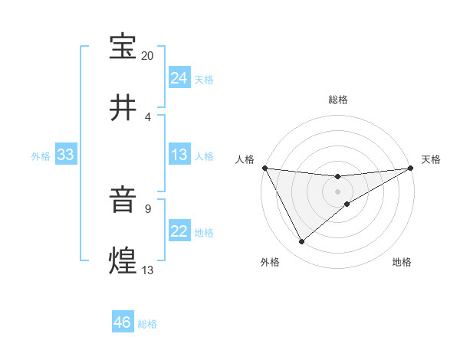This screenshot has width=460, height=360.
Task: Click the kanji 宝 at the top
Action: point(123,47)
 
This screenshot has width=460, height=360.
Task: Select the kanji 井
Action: point(123,107)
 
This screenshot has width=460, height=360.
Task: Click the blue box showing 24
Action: point(179,78)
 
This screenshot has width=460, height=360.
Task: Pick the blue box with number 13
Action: point(179,155)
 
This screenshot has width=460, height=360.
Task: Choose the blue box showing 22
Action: point(179,231)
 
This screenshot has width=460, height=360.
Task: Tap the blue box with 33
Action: point(65,155)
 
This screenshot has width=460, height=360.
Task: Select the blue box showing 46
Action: point(122,322)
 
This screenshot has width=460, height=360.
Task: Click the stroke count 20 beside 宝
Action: point(148,56)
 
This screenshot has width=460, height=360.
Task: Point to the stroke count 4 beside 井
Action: point(148,116)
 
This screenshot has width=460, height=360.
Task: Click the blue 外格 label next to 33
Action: point(41,155)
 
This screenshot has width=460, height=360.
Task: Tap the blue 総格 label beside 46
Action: point(147,324)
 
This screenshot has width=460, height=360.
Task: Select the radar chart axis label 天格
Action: point(431,159)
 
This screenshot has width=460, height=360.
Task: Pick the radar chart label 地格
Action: point(402,262)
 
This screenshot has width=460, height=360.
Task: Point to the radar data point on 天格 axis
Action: point(411,168)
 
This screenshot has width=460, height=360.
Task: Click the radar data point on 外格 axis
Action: point(301,242)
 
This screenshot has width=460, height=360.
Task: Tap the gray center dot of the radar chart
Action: point(337,191)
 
